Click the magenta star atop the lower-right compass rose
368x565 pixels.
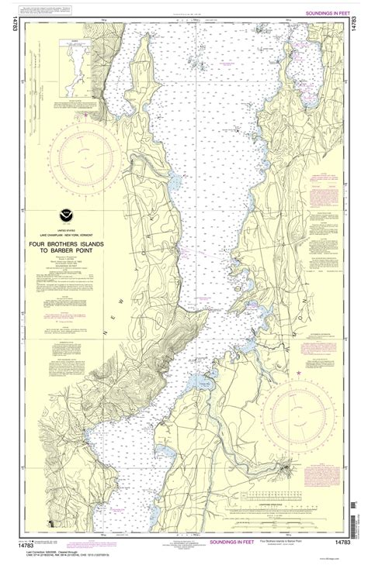tap(299, 374)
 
